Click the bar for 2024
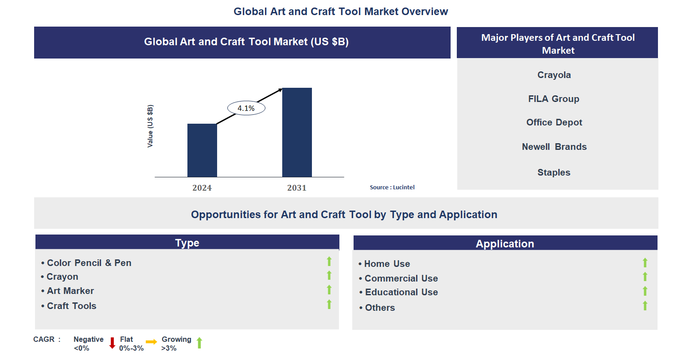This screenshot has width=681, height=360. coord(202,150)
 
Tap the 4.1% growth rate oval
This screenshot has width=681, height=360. coord(246,108)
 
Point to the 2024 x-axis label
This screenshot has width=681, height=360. coord(202,188)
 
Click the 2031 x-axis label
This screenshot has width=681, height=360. coord(297,188)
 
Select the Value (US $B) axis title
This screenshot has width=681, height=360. coord(150,126)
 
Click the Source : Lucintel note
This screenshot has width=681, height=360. coord(392,188)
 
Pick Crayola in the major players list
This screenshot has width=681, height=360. coord(554,75)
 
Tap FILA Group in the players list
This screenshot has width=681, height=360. coord(553,99)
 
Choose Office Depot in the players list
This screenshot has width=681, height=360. coord(554,122)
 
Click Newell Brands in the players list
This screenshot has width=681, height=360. coord(554,147)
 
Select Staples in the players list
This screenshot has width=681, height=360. coord(554,172)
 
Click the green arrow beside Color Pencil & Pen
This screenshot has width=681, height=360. coord(329,262)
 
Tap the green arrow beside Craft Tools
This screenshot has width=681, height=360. coord(329,304)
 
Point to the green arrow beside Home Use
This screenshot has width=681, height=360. coord(645,263)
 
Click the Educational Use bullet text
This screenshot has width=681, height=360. coord(401,292)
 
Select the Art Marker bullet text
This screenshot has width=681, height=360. coord(70,291)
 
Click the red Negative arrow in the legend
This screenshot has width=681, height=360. coord(112,343)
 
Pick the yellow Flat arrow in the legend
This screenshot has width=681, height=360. coord(151,342)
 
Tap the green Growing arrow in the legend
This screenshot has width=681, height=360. coord(199,343)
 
